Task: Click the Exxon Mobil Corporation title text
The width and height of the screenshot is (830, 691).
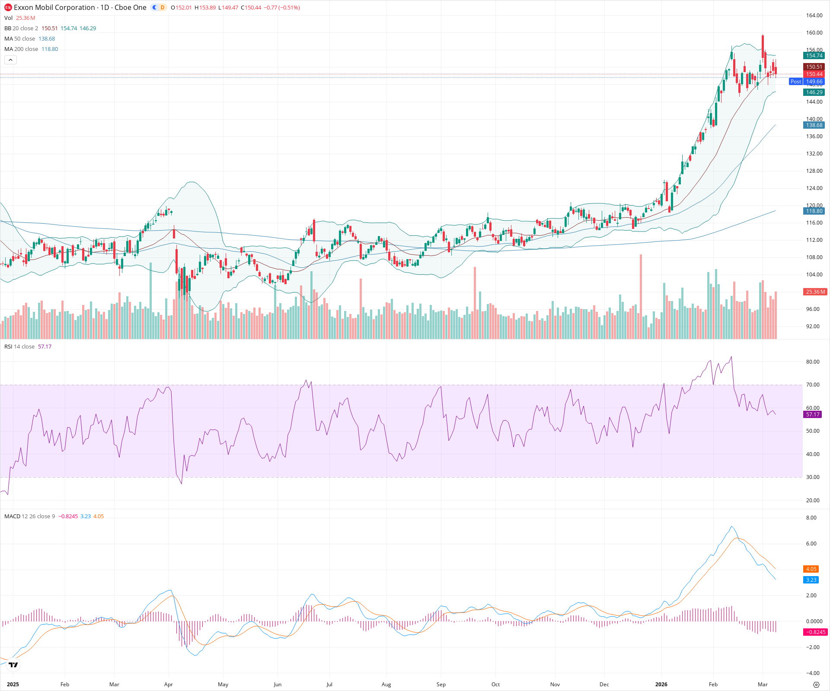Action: click(54, 7)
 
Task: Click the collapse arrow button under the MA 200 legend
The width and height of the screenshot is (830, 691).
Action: click(10, 60)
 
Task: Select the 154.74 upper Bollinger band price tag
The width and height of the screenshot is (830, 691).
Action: click(814, 56)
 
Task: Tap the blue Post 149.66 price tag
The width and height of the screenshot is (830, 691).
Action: click(807, 82)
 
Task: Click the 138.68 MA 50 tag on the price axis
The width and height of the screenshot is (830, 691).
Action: click(814, 125)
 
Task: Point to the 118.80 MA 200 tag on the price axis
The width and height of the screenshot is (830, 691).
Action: click(814, 211)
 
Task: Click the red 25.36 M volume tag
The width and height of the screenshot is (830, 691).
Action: click(815, 292)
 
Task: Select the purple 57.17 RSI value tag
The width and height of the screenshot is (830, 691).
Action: click(813, 415)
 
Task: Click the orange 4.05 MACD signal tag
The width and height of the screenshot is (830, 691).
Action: click(811, 569)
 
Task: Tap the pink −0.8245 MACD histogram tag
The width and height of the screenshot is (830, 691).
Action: click(815, 632)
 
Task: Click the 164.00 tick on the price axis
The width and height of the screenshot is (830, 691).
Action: click(814, 16)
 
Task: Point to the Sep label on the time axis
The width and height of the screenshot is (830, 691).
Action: click(441, 685)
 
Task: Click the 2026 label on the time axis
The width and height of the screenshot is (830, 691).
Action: click(661, 685)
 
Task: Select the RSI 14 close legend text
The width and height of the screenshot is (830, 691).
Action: click(19, 347)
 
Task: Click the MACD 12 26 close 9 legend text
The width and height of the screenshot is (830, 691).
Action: click(29, 517)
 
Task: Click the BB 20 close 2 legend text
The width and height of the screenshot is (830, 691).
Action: click(21, 29)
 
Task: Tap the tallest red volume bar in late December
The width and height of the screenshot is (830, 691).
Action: click(641, 298)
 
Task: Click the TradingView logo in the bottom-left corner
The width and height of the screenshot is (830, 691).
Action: click(13, 665)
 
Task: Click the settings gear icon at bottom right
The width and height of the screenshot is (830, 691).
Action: click(816, 685)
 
